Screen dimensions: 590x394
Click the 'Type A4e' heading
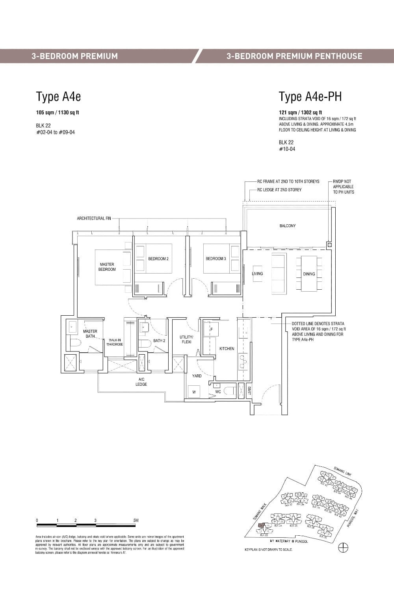click(x=58, y=96)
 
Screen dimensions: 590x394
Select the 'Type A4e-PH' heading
click(x=310, y=96)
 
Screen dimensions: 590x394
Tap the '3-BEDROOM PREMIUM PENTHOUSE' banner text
click(x=294, y=56)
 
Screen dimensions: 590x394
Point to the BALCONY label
click(x=288, y=226)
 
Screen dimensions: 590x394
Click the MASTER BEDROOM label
click(x=107, y=267)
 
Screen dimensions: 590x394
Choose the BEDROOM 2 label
click(x=158, y=259)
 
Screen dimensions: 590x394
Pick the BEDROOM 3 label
click(x=216, y=259)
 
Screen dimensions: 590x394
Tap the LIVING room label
click(x=257, y=274)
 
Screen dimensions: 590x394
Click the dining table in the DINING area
click(x=309, y=274)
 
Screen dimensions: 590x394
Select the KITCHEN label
click(x=227, y=348)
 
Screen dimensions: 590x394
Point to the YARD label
click(x=197, y=376)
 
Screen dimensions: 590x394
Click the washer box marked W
click(x=194, y=392)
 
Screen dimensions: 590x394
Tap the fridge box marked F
click(x=211, y=329)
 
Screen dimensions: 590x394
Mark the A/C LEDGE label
click(x=141, y=382)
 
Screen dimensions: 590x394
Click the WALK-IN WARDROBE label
click(x=114, y=342)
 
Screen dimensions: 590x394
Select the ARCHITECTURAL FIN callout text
click(x=94, y=218)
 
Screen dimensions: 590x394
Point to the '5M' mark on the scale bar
click(x=136, y=520)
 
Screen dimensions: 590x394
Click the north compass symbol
click(x=343, y=547)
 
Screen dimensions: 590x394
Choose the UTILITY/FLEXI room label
click(x=186, y=339)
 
